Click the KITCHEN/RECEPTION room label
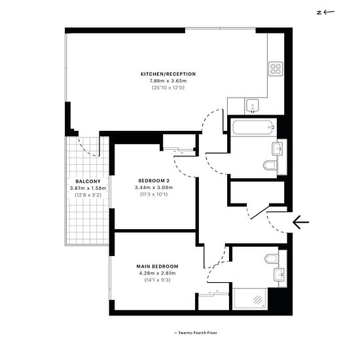168,74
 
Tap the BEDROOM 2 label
154,181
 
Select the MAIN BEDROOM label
157,266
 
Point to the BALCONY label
88,181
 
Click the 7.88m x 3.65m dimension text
168,81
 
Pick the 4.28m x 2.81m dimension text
157,273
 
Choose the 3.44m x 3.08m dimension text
154,188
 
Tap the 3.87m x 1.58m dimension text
88,189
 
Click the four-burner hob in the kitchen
276,69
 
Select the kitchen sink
253,106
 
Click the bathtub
255,127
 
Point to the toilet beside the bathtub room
270,166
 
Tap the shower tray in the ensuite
250,299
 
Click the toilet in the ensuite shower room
272,259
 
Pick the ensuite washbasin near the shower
279,275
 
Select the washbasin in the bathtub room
278,149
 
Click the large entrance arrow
301,223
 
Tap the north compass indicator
325,12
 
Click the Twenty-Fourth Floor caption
196,333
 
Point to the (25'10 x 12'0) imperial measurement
168,88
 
